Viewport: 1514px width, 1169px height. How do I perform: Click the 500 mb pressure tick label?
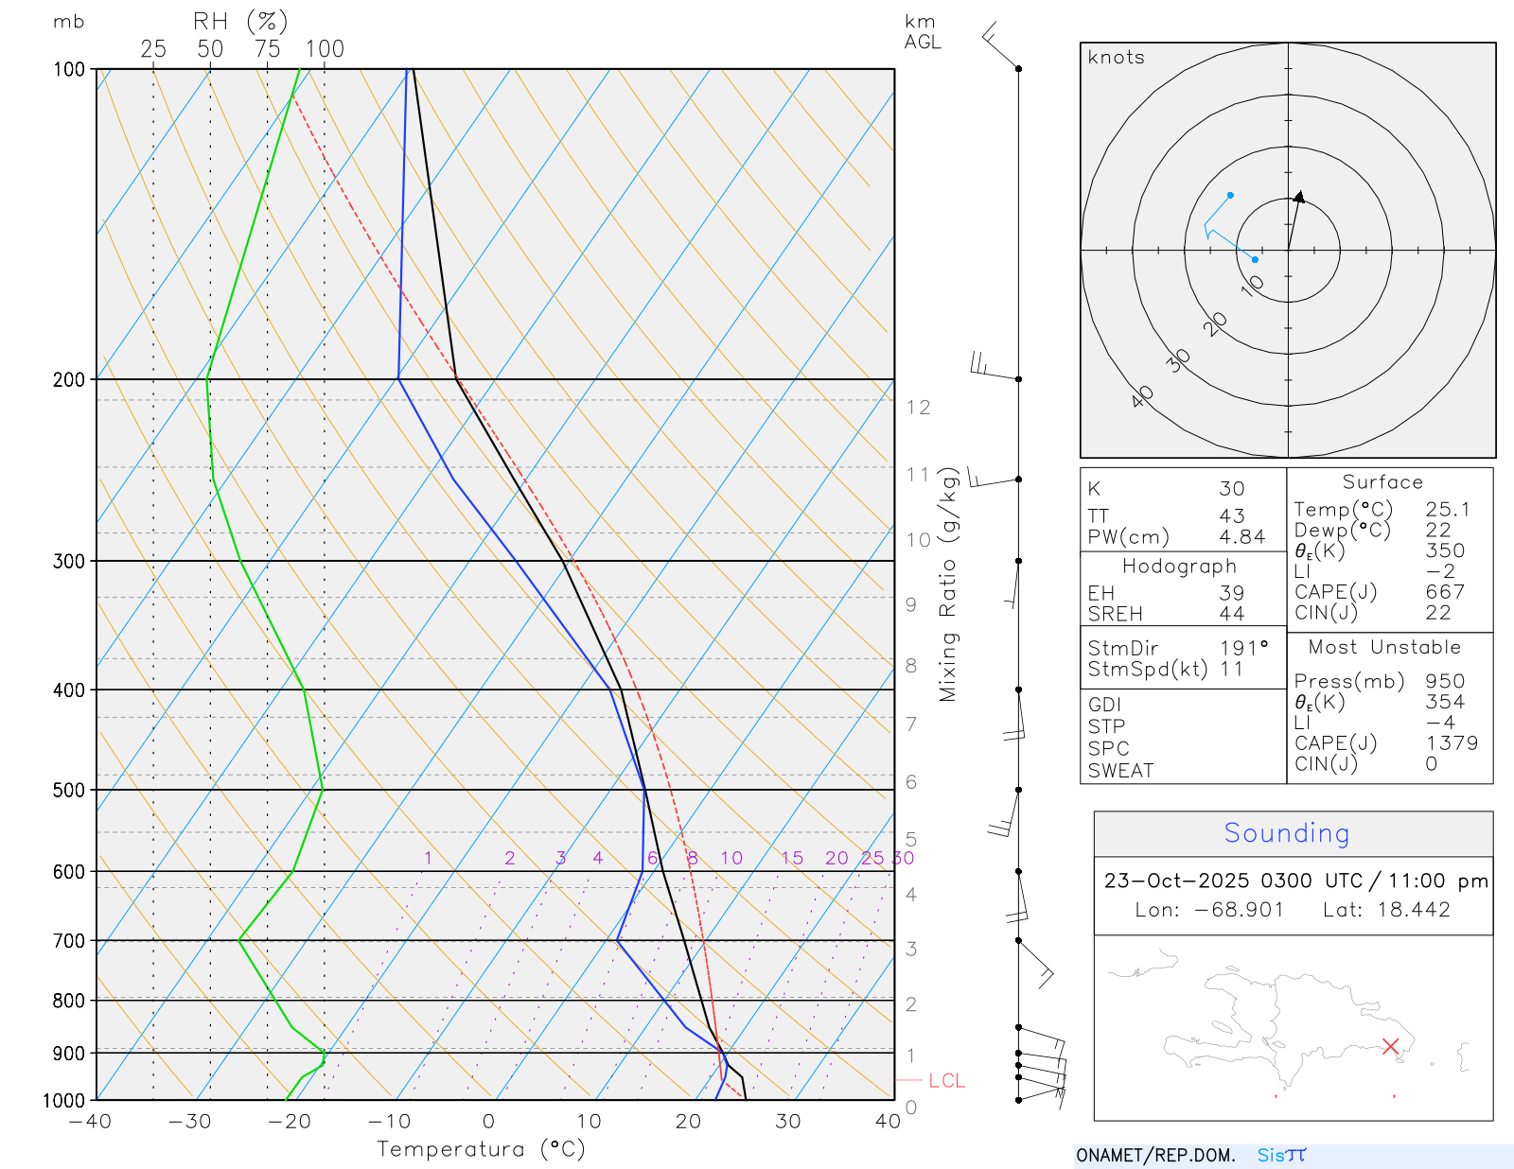(x=69, y=790)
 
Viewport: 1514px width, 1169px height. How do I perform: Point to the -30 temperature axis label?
(x=189, y=1122)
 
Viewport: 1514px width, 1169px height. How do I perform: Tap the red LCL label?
(x=946, y=1081)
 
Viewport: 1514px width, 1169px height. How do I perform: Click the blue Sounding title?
(x=1286, y=833)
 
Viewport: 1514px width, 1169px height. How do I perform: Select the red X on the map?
(x=1390, y=1046)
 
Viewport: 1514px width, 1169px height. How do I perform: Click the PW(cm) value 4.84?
(x=1241, y=537)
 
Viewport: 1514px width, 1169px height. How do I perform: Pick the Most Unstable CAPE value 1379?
(x=1452, y=743)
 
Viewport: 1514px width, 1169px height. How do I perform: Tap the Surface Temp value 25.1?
(x=1448, y=510)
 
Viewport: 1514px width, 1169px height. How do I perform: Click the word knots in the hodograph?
(x=1116, y=58)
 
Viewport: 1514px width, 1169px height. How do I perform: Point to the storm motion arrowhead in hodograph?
(x=1300, y=197)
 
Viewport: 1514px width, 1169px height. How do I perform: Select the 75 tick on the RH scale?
(x=267, y=49)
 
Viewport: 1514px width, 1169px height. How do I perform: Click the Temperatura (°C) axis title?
(x=481, y=1149)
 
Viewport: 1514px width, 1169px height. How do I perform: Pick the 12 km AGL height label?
(x=918, y=408)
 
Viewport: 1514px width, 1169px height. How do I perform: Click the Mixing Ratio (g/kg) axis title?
(x=948, y=584)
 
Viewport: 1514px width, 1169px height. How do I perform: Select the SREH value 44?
(x=1231, y=615)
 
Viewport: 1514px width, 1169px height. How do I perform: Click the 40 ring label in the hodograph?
(x=1142, y=397)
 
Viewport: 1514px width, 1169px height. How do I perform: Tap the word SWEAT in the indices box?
(x=1120, y=771)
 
